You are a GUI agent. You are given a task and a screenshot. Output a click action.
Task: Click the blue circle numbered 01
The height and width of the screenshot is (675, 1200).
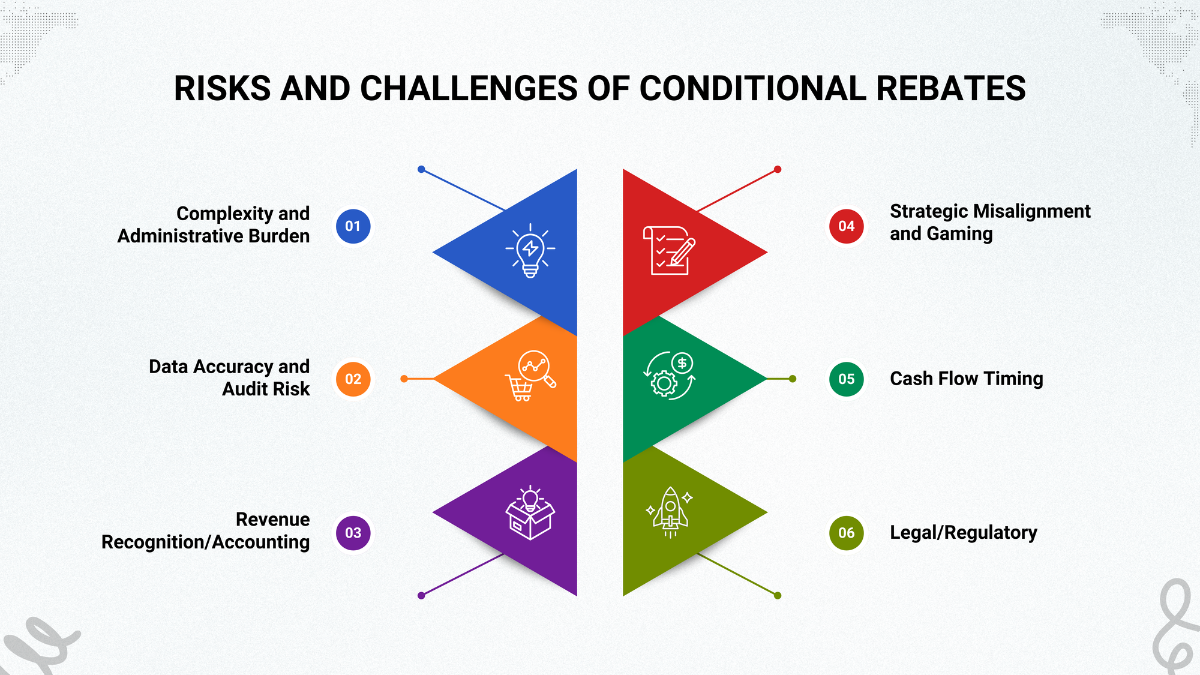353,226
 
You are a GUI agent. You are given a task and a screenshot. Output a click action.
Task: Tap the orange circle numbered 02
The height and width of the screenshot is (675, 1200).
353,379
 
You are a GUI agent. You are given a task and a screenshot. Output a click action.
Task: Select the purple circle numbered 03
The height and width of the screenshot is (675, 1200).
353,533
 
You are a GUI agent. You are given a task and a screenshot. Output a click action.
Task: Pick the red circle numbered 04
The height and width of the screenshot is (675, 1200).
846,226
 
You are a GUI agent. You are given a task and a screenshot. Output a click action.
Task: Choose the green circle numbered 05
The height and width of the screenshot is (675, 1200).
846,379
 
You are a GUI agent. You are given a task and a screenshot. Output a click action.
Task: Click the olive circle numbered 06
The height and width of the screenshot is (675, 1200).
846,533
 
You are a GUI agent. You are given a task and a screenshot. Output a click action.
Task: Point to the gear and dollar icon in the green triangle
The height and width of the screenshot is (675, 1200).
669,376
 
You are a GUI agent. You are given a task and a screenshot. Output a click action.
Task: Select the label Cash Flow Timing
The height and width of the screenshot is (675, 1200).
966,379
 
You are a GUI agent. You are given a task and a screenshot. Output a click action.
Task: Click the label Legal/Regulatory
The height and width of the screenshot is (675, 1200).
963,532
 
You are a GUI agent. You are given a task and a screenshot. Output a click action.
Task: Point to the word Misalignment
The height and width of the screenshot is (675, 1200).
1031,211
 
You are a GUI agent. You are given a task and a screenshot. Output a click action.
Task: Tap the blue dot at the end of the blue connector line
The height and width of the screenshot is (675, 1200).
421,170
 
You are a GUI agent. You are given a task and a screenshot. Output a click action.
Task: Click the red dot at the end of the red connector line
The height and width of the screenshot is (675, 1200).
778,170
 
